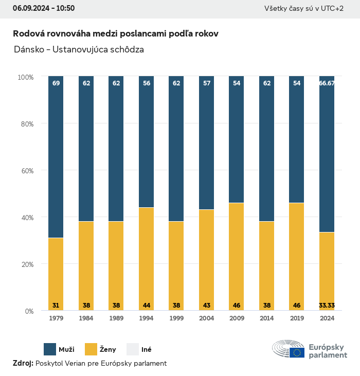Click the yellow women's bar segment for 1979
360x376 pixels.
tap(56, 273)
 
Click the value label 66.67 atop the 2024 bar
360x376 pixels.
tap(327, 83)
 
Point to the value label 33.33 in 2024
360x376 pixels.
tap(327, 306)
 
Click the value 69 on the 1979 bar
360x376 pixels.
tap(56, 83)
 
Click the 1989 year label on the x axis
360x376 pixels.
tap(116, 318)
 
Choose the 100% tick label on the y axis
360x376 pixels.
tap(25, 77)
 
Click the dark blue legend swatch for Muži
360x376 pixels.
tap(50, 349)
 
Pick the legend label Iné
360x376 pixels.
tap(146, 350)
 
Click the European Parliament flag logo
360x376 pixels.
tap(297, 352)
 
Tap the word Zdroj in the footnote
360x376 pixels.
tap(23, 364)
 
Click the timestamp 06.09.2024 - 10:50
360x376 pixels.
tap(44, 8)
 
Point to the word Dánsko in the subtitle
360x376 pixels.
tap(28, 50)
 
